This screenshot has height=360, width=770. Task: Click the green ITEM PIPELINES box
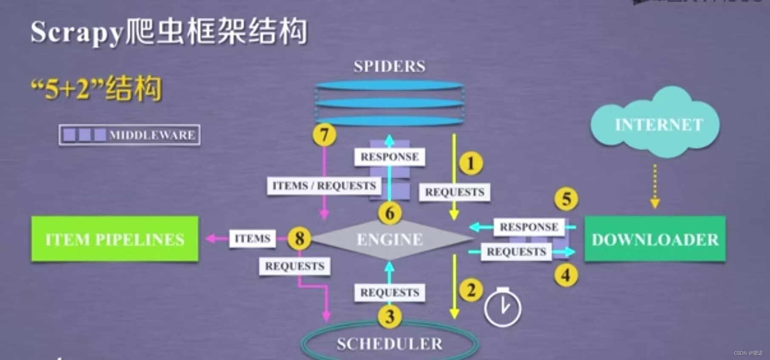pos(114,239)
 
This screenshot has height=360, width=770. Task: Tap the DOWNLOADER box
pos(655,239)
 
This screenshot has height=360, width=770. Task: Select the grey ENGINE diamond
pos(390,239)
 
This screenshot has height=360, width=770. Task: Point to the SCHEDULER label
pos(389,344)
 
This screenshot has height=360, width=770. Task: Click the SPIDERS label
pos(389,66)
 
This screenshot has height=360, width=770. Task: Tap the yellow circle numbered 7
pos(324,135)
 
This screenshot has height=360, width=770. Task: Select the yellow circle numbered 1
pos(471,163)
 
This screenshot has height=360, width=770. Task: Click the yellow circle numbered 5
pos(566,199)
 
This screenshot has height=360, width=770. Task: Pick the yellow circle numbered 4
pos(566,275)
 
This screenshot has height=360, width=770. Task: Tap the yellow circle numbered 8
pos(299,238)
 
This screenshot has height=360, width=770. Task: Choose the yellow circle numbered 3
pos(389,317)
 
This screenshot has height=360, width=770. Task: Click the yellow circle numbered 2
pos(471,290)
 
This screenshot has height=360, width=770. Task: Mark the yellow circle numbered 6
pos(390,213)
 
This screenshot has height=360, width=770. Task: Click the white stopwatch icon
pos(502,308)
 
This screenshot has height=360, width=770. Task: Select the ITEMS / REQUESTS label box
pos(324,186)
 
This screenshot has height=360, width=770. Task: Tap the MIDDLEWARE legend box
pos(129,135)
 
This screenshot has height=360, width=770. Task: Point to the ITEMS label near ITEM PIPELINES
pos(252,238)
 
